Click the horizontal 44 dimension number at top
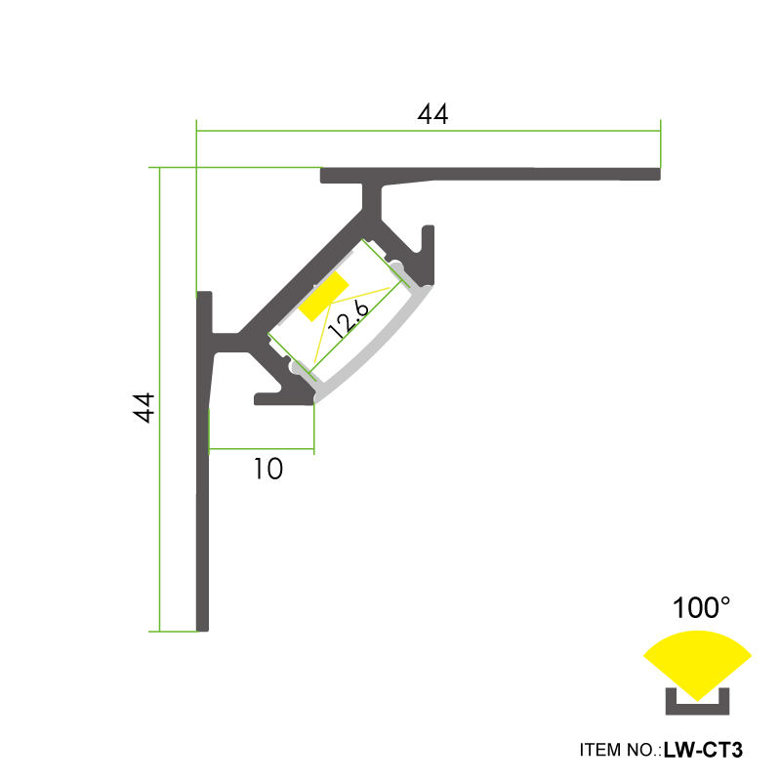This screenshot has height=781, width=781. click(432, 114)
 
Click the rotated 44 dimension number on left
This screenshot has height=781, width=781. click(144, 408)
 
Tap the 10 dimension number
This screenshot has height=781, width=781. click(268, 469)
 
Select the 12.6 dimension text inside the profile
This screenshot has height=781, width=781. click(349, 319)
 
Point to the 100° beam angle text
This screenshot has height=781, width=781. click(701, 607)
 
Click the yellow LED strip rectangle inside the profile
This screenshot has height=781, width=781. click(324, 297)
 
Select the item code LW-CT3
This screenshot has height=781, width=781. click(703, 750)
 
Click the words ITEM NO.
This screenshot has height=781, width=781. click(620, 750)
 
